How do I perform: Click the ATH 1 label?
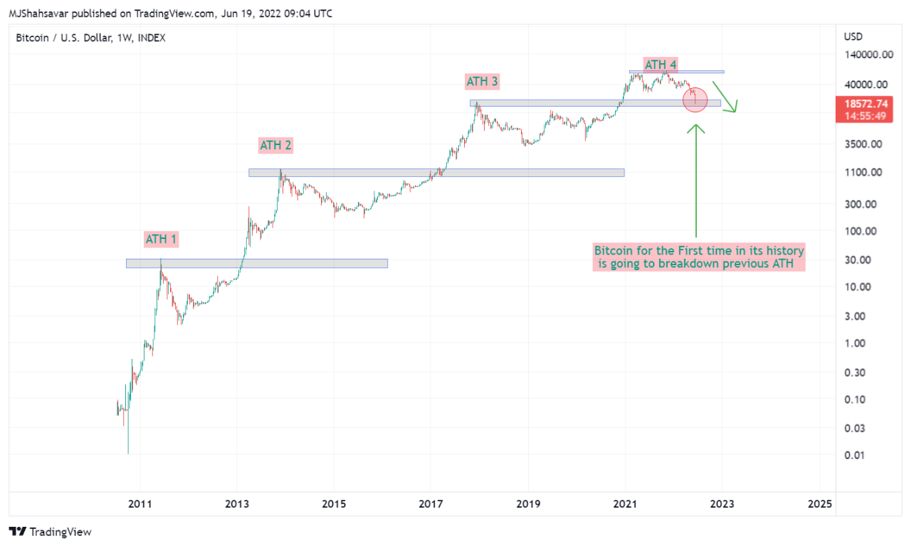point(162,239)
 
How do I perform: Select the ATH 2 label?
point(275,146)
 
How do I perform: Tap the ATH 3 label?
point(482,82)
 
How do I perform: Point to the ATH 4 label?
point(660,65)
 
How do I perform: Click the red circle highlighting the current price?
point(695,100)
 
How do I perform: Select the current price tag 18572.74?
point(864,104)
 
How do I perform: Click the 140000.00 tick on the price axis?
point(868,54)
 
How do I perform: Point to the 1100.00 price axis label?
point(863,172)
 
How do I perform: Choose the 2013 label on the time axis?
point(236,504)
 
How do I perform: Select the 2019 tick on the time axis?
point(528,504)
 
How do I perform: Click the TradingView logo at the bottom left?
point(51,532)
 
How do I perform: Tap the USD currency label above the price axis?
point(853,37)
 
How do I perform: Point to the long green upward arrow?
point(696,181)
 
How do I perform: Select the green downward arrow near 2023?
point(727,97)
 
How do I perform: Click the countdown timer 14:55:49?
point(864,116)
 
